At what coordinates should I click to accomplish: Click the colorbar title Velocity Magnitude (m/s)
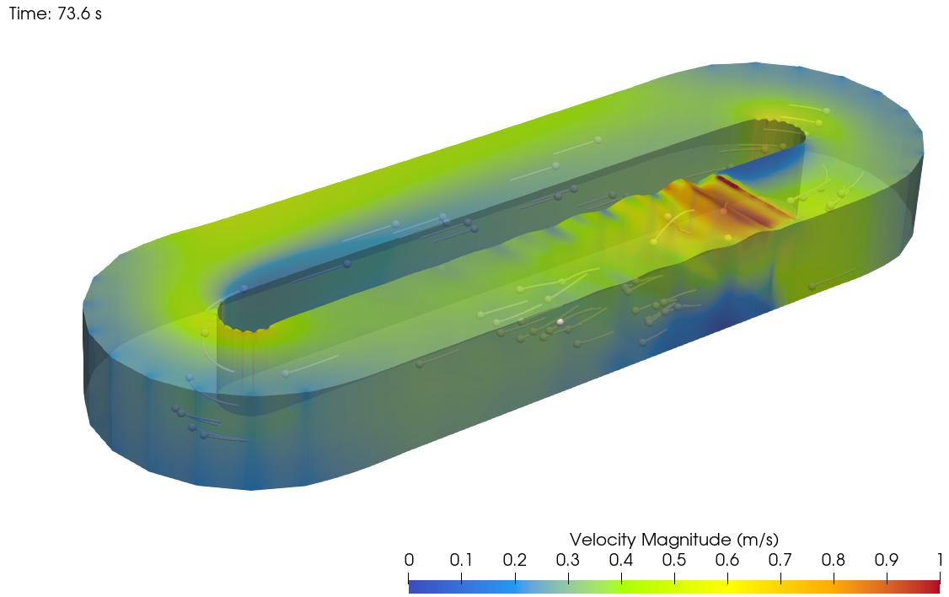(x=673, y=540)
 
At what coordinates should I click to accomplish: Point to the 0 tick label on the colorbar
(x=409, y=561)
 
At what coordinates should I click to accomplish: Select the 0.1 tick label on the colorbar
(x=461, y=561)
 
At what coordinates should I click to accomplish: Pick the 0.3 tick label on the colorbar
(x=567, y=561)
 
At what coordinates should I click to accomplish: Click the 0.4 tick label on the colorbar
(x=620, y=561)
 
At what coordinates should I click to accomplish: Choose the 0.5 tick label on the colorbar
(x=673, y=561)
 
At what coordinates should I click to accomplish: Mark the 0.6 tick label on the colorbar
(x=726, y=561)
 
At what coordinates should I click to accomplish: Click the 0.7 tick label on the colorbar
(x=780, y=561)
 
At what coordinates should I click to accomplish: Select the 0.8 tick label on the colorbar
(x=833, y=561)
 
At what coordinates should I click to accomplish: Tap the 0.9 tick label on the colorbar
(x=886, y=561)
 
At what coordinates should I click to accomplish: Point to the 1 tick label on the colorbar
(x=939, y=561)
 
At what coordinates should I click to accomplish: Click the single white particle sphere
(x=560, y=322)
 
